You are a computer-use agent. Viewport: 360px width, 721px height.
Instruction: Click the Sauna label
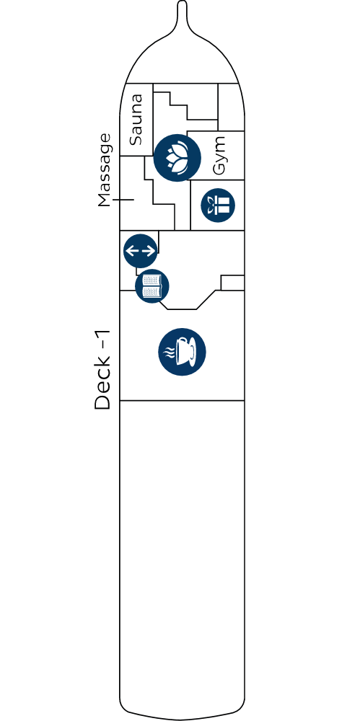pos(136,120)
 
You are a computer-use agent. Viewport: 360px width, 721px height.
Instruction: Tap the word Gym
pos(220,156)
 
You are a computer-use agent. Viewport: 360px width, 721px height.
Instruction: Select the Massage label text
pos(105,170)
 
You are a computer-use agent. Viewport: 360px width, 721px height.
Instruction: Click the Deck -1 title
pos(102,370)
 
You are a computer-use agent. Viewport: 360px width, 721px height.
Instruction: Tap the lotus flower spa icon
pos(177,158)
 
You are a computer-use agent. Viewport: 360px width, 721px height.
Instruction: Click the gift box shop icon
pos(218,205)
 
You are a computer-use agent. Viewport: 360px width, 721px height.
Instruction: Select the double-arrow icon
pos(141,251)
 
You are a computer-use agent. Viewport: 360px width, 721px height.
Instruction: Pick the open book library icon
pos(152,286)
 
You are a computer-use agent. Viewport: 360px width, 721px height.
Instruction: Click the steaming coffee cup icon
pos(182,352)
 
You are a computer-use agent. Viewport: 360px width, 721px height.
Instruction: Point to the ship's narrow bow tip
pos(182,3)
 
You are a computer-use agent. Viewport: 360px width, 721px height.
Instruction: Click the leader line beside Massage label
pos(123,200)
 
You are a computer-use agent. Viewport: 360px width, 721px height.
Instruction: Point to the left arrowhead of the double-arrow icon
pos(129,251)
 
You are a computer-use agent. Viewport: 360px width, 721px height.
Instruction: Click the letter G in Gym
pos(219,169)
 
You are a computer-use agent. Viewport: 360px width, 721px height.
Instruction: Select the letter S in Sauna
pos(136,140)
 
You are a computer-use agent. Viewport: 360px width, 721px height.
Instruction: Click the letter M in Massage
pos(105,200)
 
